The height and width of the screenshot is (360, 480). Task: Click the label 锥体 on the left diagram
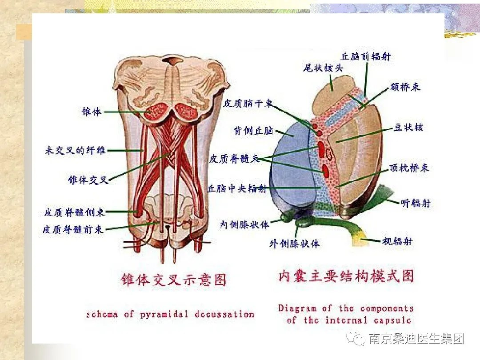pos(92,112)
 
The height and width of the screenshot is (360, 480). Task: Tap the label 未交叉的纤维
pos(75,150)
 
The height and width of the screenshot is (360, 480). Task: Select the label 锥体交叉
pos(88,180)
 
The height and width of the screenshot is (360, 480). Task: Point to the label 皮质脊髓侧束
pos(74,212)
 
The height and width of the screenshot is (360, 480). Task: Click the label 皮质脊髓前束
pos(73,229)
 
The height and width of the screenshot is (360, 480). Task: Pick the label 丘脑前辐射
pos(365,56)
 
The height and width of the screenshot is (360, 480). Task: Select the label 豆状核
pos(408,128)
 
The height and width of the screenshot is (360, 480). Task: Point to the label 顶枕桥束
pos(409,168)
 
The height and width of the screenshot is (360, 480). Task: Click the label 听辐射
pos(416,203)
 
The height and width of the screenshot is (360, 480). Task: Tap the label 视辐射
pos(397,241)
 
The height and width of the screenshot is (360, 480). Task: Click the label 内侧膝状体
pos(245,224)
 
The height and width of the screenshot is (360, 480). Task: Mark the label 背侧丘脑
pos(253,131)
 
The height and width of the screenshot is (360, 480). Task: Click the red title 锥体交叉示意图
pos(174,280)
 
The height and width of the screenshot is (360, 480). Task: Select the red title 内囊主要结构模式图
pos(346,276)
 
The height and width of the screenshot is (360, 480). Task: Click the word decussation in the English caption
pos(224,314)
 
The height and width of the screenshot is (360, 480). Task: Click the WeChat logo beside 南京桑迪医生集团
pos(357,340)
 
